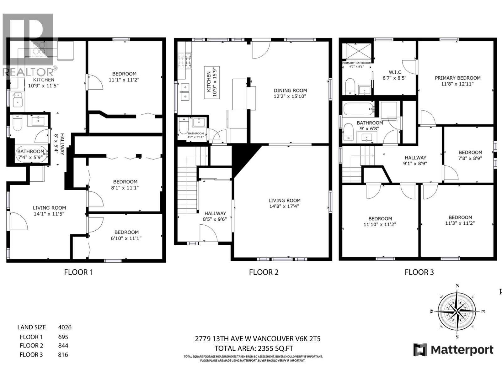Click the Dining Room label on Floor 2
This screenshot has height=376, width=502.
click(290, 91)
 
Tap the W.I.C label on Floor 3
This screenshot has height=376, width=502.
click(395, 72)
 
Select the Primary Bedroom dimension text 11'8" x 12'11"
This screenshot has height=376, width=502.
click(457, 84)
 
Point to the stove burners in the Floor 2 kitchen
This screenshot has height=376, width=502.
click(184, 60)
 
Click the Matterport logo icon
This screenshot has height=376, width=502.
click(420, 350)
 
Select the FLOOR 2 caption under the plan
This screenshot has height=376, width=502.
click(264, 272)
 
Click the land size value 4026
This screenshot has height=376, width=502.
click(65, 327)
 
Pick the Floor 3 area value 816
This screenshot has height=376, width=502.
click(63, 355)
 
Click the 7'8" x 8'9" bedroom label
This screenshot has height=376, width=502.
click(470, 155)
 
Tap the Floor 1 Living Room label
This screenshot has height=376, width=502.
click(49, 208)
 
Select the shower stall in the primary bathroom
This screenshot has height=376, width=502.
click(357, 51)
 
